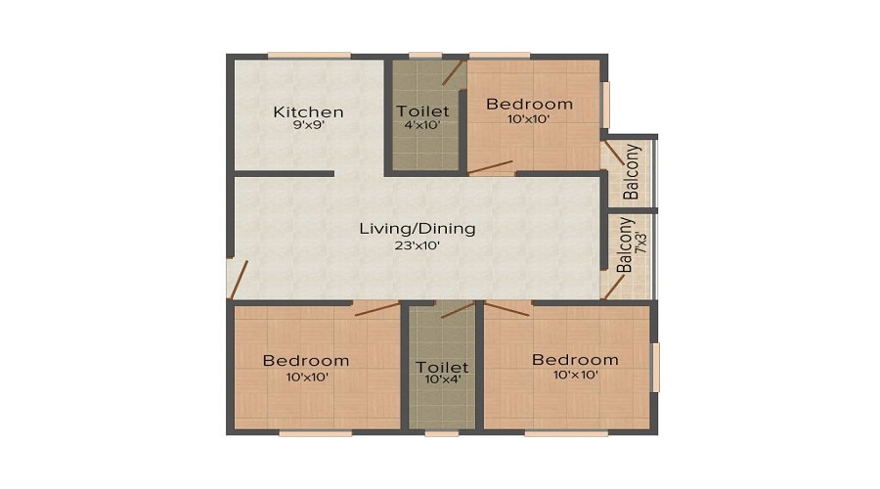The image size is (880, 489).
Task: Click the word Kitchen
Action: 308,111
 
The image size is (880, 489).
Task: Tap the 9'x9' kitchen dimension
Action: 309,125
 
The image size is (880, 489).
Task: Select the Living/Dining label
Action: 417,229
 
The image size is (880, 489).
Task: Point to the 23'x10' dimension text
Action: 417,245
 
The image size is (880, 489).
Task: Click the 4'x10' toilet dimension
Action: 422,124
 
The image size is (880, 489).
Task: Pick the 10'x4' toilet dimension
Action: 443,378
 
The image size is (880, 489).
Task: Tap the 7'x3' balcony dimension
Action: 640,242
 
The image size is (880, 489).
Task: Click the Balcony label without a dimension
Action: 632,172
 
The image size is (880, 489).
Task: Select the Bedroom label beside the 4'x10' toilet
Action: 529,104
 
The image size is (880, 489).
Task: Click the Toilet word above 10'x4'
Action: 442,367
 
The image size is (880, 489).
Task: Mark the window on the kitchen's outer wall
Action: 309,56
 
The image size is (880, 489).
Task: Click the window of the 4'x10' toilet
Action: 425,56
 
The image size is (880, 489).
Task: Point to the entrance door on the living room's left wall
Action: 239,280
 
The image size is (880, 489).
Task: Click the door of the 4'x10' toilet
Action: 454,72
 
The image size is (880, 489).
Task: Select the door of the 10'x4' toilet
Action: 458,310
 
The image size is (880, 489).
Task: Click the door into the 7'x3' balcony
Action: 614,287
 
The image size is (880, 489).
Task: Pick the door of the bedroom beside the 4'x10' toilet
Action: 490,166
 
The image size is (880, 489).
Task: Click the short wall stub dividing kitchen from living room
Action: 284,173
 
